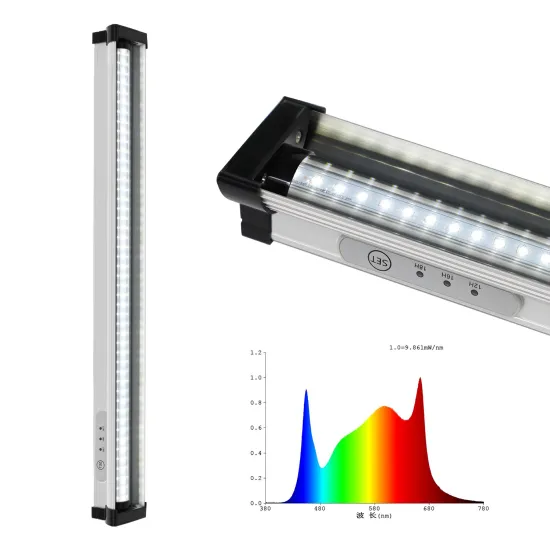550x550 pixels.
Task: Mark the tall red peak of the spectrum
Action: tap(419, 380)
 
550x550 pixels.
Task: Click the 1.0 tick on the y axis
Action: tap(257, 378)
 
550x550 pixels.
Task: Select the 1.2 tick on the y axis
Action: tap(257, 353)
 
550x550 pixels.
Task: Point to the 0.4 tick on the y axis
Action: tap(257, 453)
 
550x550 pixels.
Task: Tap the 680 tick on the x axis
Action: tap(428, 509)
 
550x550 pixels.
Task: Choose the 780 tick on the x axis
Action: tap(483, 509)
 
